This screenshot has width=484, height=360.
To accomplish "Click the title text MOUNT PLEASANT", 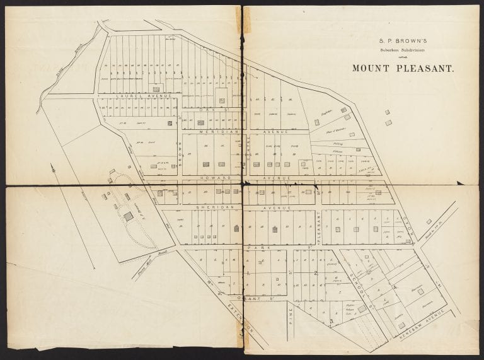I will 403,68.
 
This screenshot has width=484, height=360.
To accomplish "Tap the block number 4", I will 395,287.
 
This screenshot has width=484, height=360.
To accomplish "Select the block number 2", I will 315,273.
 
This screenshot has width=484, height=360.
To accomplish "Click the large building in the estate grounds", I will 129,216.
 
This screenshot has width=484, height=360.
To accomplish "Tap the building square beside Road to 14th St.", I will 429,221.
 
